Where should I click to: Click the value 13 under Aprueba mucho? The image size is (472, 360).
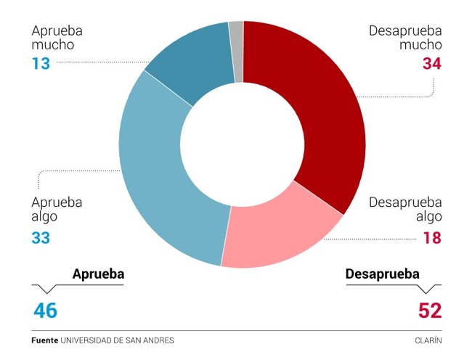40,63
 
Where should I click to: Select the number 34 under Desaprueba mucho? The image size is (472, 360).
431,64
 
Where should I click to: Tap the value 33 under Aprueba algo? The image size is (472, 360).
41,237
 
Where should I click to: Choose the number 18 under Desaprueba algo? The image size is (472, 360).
431,237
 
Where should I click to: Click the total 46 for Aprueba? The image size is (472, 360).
45,311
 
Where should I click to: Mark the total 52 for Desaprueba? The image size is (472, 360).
430,311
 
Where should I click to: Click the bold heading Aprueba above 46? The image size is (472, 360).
98,274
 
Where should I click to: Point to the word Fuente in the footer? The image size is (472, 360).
44,340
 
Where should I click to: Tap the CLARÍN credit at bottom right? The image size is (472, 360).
428,340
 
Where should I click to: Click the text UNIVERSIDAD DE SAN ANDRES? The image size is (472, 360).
117,340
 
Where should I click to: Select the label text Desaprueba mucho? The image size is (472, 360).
404,38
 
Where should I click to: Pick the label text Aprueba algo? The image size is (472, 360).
57,209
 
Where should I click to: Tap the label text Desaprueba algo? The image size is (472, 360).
404,209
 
